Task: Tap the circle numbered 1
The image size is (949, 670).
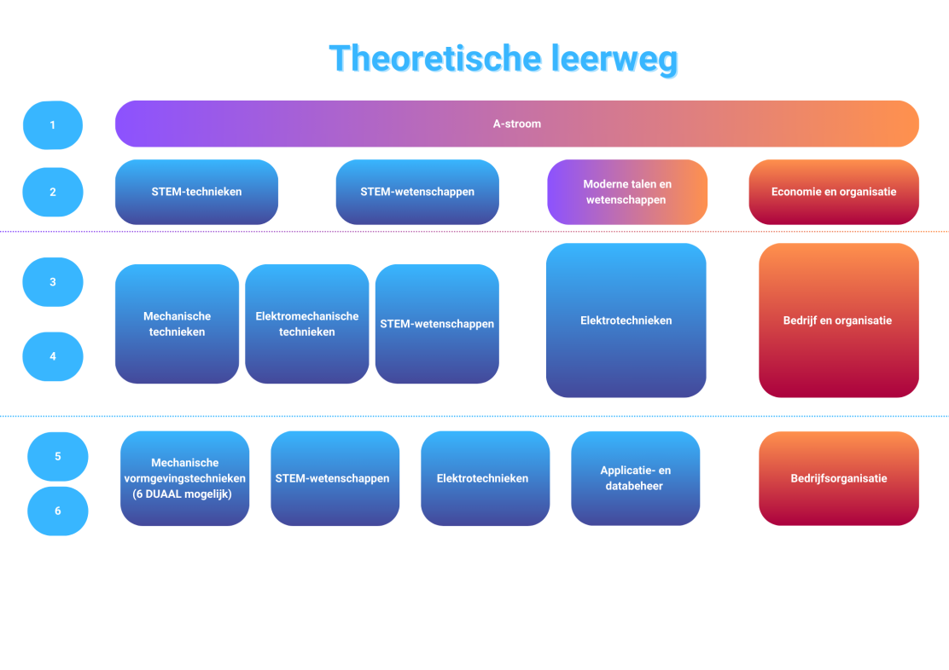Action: (53, 125)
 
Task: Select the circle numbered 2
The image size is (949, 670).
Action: (53, 193)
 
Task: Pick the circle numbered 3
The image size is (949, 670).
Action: (53, 282)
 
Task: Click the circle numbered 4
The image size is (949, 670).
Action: (53, 356)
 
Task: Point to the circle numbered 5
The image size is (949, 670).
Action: (57, 457)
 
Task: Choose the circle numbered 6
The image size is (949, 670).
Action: (57, 511)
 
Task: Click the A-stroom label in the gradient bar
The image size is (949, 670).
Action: (517, 124)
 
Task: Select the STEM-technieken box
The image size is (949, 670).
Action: (196, 192)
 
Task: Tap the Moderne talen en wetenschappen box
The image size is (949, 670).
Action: (627, 192)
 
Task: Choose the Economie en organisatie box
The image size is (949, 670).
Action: (834, 192)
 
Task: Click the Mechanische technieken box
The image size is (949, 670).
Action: (178, 324)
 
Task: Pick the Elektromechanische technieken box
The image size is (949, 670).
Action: (307, 324)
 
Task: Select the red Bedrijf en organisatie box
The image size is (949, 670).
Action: (839, 321)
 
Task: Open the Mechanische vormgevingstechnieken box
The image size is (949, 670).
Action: (184, 478)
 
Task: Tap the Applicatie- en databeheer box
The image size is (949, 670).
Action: (636, 478)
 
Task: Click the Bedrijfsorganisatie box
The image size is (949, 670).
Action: (839, 478)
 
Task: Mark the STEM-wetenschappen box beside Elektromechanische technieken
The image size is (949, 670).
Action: (437, 324)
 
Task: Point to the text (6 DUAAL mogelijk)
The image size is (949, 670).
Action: (182, 494)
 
